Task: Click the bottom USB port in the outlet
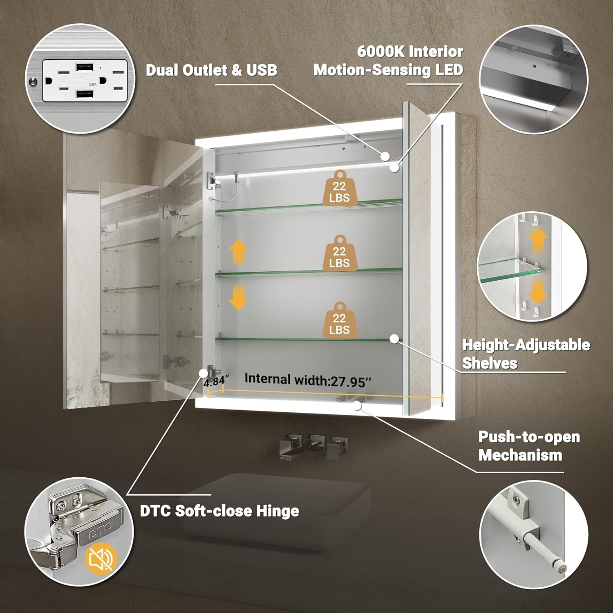tap(84, 94)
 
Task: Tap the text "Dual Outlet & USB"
tap(211, 70)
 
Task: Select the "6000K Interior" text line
tap(410, 51)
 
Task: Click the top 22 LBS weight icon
tap(339, 188)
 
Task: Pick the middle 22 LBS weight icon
tap(339, 254)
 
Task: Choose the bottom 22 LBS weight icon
tap(339, 320)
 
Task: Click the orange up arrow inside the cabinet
tap(238, 252)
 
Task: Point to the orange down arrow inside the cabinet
tap(238, 297)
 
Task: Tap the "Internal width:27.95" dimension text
tap(308, 380)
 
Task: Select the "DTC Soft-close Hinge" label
tap(219, 511)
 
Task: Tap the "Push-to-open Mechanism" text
tap(529, 446)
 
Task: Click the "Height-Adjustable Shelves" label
tap(526, 354)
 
